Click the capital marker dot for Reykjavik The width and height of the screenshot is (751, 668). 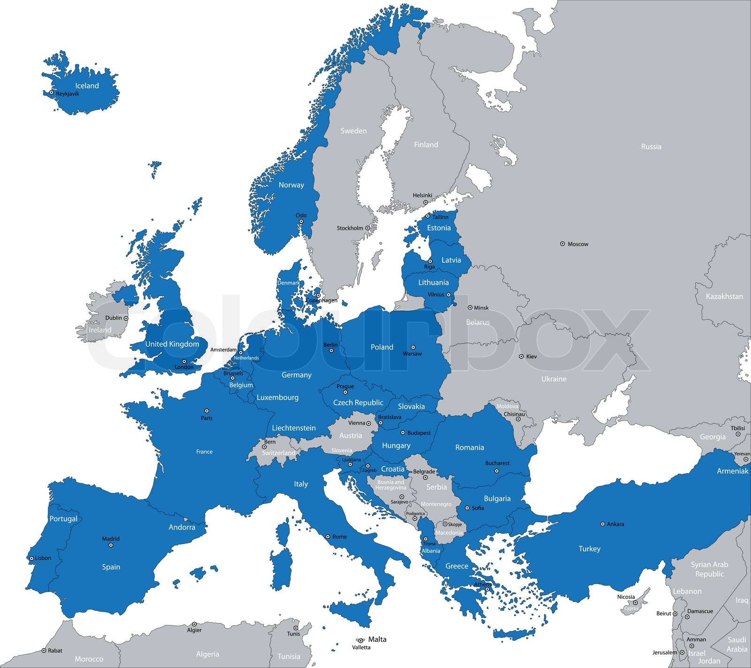coord(51,92)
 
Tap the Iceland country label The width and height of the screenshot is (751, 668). coord(87,85)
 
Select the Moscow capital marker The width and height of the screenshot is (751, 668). coord(562,244)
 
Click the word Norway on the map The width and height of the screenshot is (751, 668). coord(291,185)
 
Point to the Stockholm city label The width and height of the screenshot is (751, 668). coord(350,228)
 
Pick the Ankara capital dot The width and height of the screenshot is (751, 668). coord(602,524)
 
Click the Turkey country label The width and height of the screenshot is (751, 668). coord(589,549)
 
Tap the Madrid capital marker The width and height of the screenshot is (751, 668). coord(111,545)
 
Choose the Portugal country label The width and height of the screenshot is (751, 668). coord(63,519)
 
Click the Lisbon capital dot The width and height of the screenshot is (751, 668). coord(31,558)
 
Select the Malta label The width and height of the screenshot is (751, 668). coord(377,639)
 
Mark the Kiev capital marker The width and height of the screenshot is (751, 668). coord(521,356)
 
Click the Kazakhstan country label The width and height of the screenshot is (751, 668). coord(724,296)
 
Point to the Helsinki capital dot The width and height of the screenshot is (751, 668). coord(426,202)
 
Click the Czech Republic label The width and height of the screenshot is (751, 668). coord(358,403)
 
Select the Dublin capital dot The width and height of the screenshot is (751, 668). coord(126,318)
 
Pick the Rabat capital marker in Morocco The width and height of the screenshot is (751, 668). coord(44,651)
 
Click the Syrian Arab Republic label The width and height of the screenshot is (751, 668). coord(709,569)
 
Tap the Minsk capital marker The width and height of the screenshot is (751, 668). coord(470,307)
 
